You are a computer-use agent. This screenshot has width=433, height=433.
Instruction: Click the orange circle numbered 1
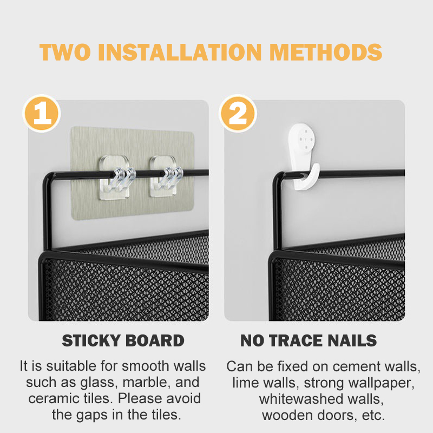point(42,114)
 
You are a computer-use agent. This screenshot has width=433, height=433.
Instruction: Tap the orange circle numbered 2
point(238,114)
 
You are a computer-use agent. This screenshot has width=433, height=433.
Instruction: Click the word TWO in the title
point(65,52)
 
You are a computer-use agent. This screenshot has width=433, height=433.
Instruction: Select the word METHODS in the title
point(326,52)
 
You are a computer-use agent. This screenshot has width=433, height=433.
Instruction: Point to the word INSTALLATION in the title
point(180,52)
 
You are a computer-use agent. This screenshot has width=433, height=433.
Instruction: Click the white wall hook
point(303,157)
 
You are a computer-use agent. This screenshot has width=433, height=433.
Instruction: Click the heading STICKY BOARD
point(123,340)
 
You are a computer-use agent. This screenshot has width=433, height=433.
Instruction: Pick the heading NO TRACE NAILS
point(309,340)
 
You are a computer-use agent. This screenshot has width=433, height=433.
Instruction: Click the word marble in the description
point(143,383)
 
